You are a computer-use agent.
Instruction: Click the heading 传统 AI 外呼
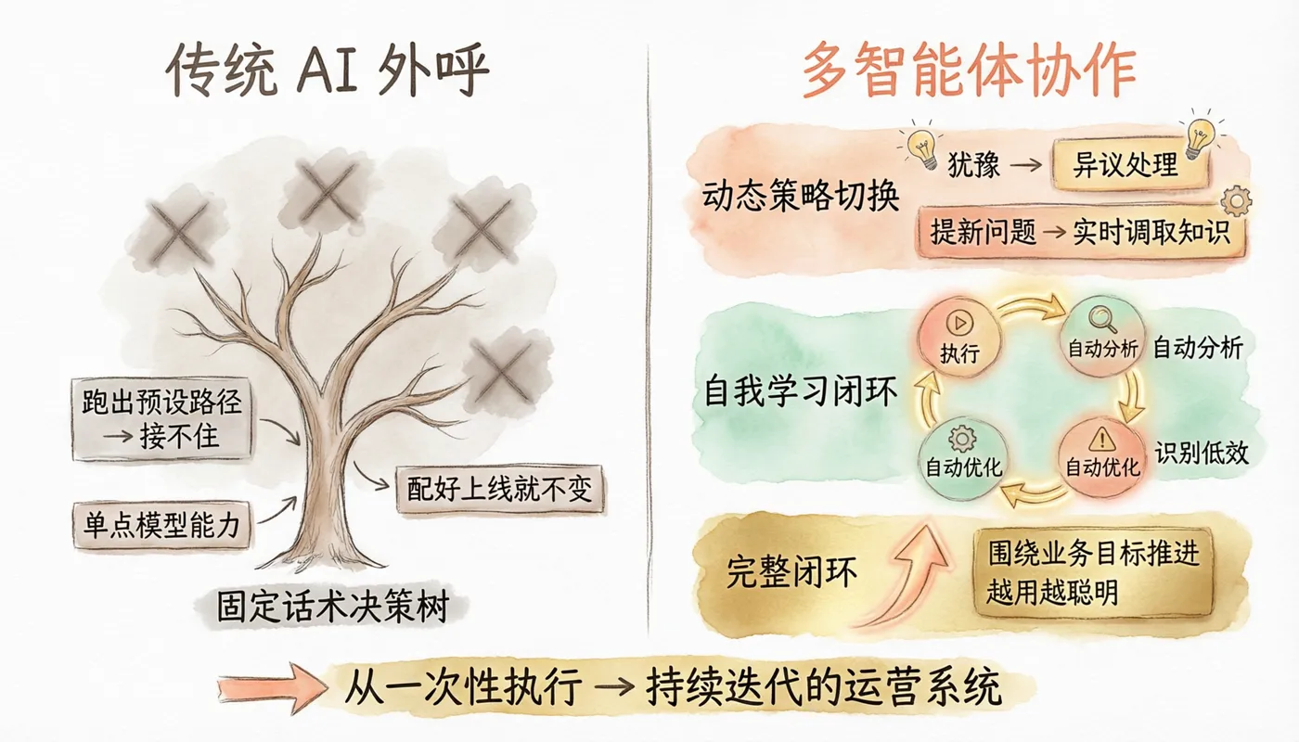327,70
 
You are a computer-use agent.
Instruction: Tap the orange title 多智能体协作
969,70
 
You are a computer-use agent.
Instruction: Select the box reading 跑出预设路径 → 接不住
161,419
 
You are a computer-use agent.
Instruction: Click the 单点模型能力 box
161,525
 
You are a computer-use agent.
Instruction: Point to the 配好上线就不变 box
500,490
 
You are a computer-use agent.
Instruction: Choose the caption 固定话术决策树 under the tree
333,607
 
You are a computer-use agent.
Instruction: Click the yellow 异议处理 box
1130,165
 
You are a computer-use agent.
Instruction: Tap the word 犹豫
973,165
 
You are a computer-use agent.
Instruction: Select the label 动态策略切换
801,196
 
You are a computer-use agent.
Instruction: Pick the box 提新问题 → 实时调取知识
1080,233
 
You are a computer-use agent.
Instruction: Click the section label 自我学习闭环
800,390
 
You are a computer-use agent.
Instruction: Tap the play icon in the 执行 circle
959,323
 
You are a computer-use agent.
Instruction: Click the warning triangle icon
1102,440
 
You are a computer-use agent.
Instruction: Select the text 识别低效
1201,454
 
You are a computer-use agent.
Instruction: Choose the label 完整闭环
791,572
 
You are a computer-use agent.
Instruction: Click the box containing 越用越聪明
1094,572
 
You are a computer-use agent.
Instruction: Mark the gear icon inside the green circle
962,439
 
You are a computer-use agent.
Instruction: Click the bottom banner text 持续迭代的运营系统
824,687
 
